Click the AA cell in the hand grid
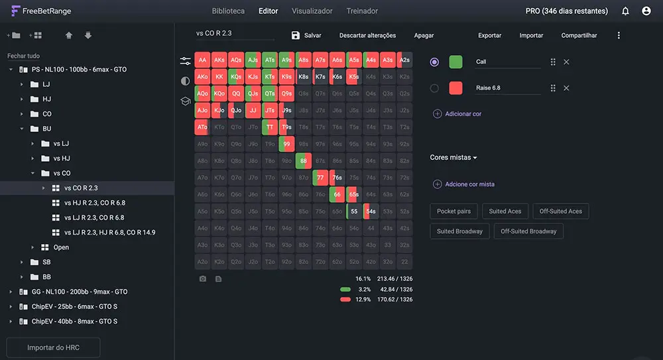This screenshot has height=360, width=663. point(202,60)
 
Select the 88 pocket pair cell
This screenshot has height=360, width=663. point(304,160)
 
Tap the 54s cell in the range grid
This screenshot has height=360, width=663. point(371,211)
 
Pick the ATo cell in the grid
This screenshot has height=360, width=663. point(202,127)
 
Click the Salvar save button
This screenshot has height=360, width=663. point(306,35)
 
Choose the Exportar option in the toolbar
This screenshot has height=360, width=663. point(489,35)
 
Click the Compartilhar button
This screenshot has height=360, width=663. point(579,35)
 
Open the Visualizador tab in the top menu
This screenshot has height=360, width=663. point(312,11)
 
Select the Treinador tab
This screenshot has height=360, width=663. point(362,11)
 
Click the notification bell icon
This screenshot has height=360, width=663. point(625,11)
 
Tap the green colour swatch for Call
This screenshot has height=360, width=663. point(455,62)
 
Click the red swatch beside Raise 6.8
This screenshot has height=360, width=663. point(455,88)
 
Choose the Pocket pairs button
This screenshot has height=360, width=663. point(453,211)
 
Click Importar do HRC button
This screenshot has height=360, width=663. point(53,347)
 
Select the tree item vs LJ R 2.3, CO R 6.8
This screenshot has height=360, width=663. point(94,217)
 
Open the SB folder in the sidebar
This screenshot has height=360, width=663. point(46,262)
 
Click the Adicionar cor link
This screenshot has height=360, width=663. point(463,114)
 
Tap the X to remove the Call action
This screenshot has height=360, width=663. point(566,62)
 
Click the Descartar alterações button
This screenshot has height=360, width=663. point(367,35)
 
